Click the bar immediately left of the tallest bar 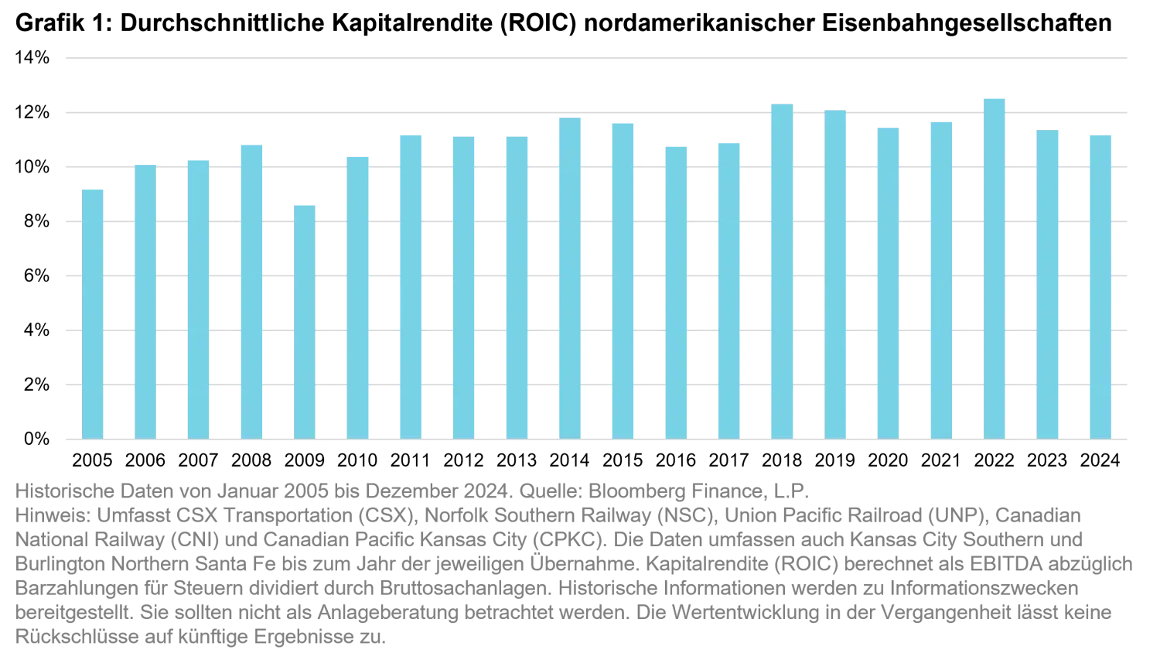tap(941, 279)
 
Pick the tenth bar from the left tap(569, 278)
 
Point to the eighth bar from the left tap(464, 287)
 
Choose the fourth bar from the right tap(941, 279)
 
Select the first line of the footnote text tap(410, 491)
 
